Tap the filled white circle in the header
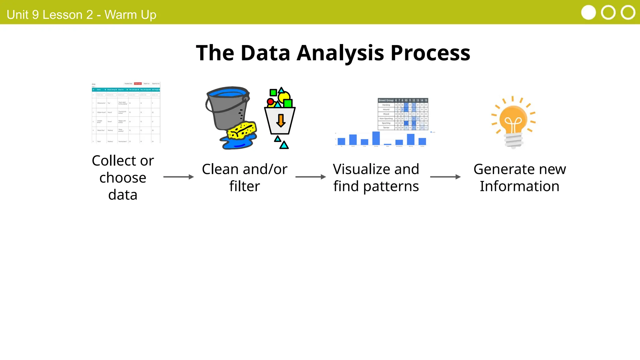pos(588,13)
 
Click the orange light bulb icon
pos(513,120)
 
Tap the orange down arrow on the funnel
pos(281,121)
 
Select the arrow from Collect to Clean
pos(178,177)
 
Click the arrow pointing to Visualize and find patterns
pos(310,177)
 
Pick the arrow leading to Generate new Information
pos(445,177)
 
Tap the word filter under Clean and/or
pos(244,187)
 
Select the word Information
pos(519,187)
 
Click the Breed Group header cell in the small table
pos(386,100)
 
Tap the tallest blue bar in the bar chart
pos(376,138)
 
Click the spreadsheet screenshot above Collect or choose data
pos(126,113)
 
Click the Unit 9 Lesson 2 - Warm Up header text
pos(81,15)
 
